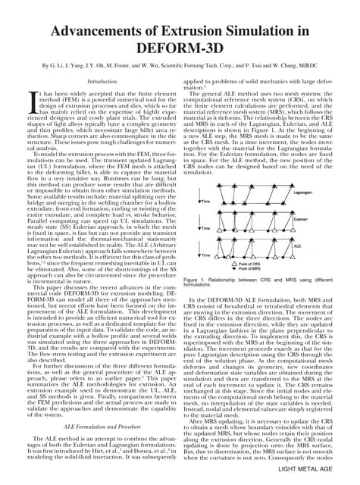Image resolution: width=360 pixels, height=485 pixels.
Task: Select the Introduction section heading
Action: tap(103, 80)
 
